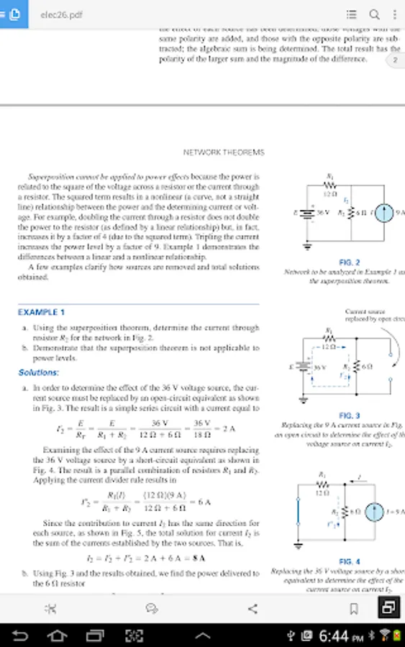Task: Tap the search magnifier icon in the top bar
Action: (x=374, y=14)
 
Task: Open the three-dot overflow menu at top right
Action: (x=394, y=14)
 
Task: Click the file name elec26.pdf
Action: (x=60, y=14)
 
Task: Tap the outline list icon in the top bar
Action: (x=351, y=14)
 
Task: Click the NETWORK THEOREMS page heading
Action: (x=224, y=152)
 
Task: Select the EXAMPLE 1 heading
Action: (x=41, y=312)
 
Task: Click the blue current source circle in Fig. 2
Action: (x=385, y=214)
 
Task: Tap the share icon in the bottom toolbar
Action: (x=252, y=609)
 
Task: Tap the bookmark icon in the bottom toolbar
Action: (x=353, y=609)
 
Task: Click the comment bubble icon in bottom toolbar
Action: (x=152, y=609)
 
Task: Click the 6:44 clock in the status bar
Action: (x=335, y=636)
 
